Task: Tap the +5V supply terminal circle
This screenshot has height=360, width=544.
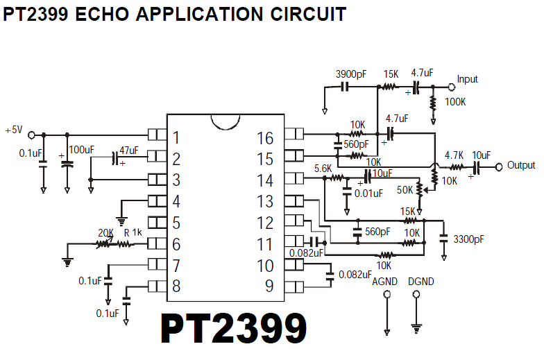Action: (x=31, y=135)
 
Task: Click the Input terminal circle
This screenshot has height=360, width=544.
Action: (x=451, y=87)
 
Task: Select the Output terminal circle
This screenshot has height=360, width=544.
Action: (x=498, y=167)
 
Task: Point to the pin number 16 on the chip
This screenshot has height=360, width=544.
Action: (x=265, y=138)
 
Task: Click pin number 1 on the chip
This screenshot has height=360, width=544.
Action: (x=176, y=137)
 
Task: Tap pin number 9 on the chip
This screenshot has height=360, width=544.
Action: (x=269, y=286)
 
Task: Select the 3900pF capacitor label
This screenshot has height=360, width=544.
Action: (x=351, y=74)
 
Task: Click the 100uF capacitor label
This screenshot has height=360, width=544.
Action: (x=82, y=150)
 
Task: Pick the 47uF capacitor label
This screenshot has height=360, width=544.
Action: (x=129, y=150)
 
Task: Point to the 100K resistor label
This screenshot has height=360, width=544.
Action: (x=455, y=102)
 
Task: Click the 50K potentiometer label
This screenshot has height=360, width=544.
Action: (x=405, y=190)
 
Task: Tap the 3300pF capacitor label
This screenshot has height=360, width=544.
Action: (x=468, y=239)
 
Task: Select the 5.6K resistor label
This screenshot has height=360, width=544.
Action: (x=323, y=169)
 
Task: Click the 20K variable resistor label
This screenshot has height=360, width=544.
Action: (x=105, y=233)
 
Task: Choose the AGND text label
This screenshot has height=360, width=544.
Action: (x=384, y=282)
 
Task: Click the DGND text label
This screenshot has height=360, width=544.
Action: (x=420, y=282)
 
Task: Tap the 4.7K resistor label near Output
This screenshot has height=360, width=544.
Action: (x=454, y=155)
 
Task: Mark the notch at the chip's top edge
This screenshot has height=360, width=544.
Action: (x=226, y=122)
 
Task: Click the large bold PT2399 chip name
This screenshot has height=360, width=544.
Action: (x=233, y=328)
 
